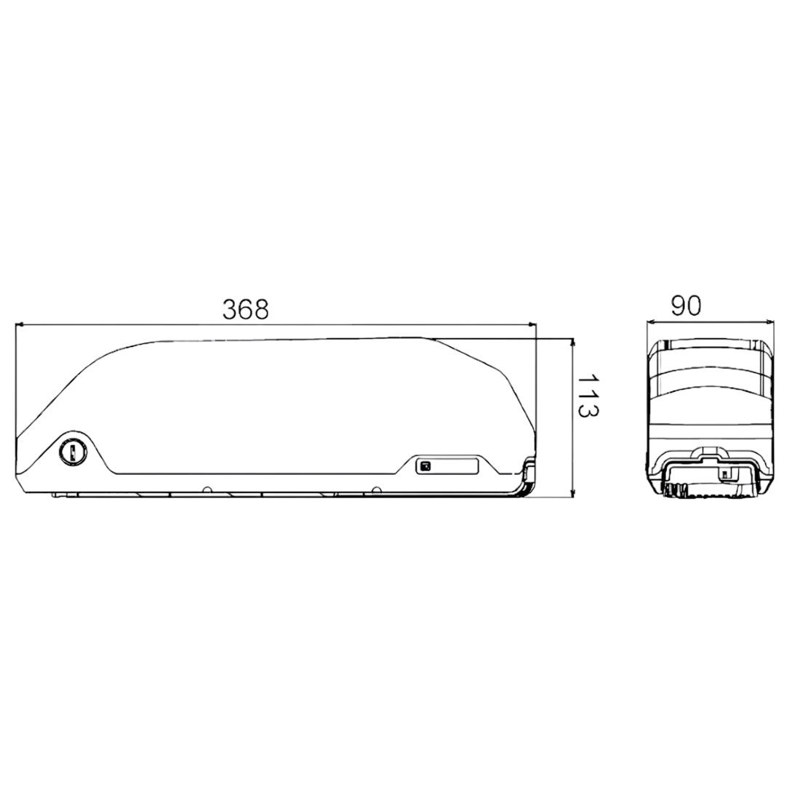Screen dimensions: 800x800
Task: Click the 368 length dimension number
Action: [245, 309]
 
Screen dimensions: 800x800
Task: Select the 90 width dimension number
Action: [685, 306]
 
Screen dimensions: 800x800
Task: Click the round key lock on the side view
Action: [73, 452]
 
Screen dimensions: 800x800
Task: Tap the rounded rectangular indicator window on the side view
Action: [447, 465]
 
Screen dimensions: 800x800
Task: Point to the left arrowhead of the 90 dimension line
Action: [651, 321]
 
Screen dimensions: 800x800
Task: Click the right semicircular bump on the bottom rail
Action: [376, 489]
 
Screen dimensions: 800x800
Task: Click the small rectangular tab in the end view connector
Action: [724, 474]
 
